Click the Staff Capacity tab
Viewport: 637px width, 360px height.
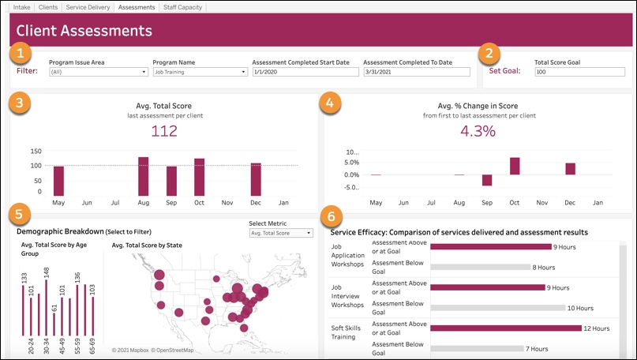182,7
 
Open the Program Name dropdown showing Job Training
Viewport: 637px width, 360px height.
200,72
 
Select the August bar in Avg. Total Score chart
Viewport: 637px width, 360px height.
144,176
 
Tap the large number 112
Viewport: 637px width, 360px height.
164,132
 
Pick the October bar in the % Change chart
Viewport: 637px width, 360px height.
515,166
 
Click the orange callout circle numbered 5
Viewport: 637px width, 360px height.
23,213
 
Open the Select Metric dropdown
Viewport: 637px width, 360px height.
280,233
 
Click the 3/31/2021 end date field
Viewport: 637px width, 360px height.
417,72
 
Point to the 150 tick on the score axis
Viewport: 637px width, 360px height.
36,151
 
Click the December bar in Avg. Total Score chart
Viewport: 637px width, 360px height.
256,179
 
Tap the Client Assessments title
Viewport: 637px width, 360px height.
84,32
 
